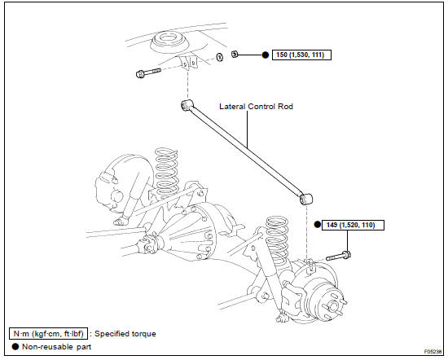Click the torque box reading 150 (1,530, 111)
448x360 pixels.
coord(301,55)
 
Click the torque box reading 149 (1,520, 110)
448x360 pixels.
coord(353,225)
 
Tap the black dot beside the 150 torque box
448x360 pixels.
coord(266,55)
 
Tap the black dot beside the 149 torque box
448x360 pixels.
coord(317,225)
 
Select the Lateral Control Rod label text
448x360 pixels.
coord(256,107)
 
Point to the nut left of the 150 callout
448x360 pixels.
coord(235,54)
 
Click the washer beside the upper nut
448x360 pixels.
coord(219,57)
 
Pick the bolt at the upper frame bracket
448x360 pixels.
coord(148,72)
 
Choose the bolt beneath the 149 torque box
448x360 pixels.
coord(339,256)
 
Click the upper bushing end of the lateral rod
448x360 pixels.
coord(187,105)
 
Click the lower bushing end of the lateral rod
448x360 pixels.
coord(305,199)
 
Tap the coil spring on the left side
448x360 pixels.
coord(167,173)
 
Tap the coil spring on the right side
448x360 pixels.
coord(278,239)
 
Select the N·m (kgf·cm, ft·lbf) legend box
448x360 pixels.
coord(48,334)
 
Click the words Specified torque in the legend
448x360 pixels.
coord(125,334)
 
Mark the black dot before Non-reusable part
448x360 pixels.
coord(15,347)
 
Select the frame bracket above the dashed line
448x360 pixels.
coord(189,63)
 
